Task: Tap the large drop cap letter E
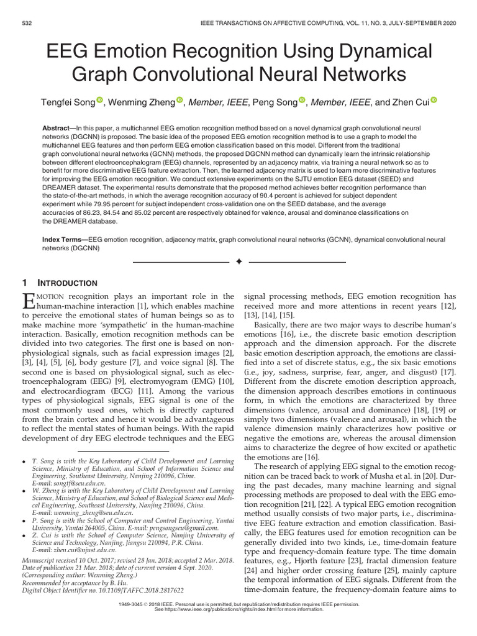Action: [x=29, y=302]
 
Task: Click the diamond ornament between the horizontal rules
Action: [x=238, y=263]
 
